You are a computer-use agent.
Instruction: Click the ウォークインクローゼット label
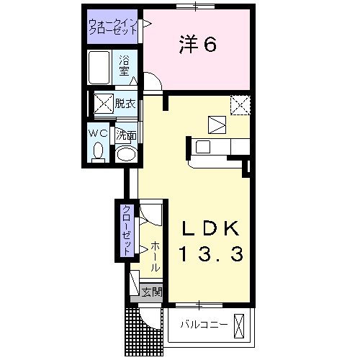[113, 28]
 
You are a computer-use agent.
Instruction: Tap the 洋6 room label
[197, 45]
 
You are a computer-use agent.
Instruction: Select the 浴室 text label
[124, 65]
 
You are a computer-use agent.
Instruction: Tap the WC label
[99, 134]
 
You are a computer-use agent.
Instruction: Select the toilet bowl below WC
[99, 152]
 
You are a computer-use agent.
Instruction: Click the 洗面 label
[127, 135]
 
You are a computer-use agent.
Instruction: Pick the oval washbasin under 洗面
[127, 154]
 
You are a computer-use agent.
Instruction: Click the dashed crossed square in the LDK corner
[240, 105]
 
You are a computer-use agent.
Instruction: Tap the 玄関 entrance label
[151, 292]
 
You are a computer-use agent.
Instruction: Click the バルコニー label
[204, 325]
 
